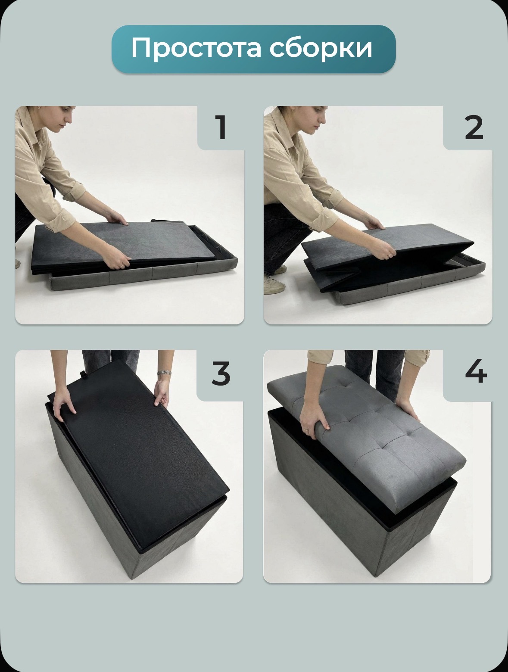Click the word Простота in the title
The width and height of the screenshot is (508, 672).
point(196,49)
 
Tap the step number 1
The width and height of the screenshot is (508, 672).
point(221,128)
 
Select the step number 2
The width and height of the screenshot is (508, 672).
point(474,128)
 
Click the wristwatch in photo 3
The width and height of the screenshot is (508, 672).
point(165,373)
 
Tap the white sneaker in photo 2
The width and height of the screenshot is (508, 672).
point(274,285)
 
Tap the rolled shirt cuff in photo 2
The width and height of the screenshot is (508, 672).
point(333,199)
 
